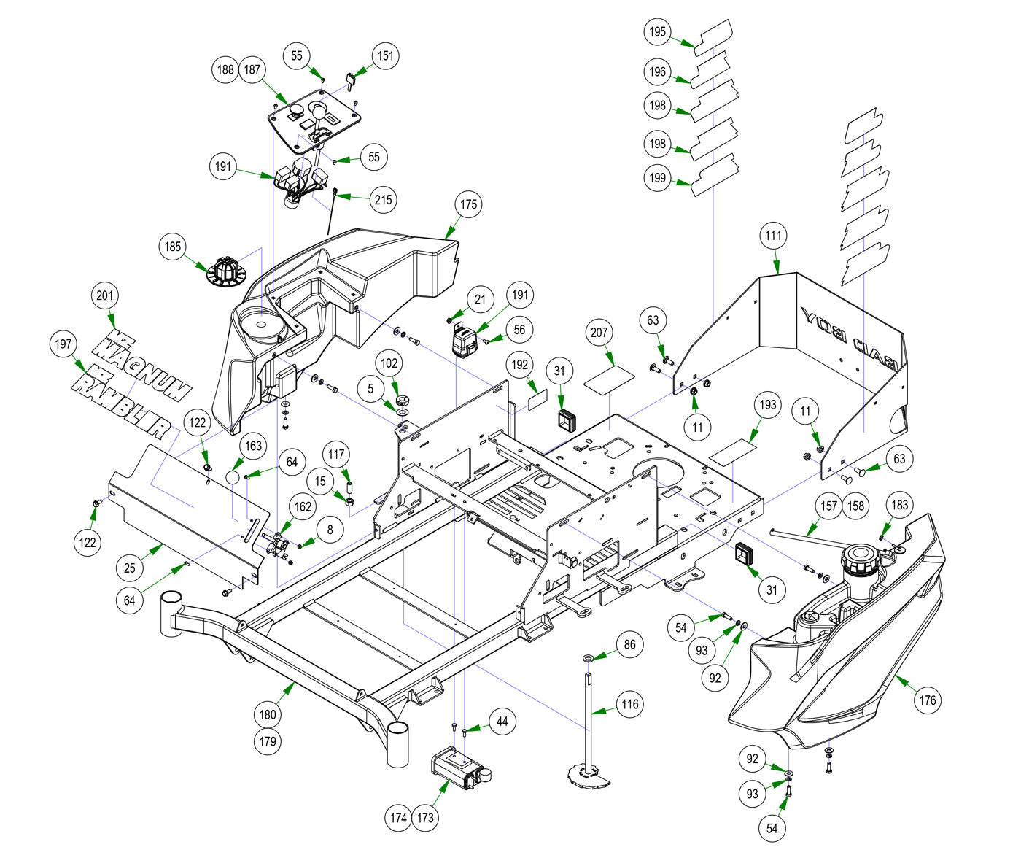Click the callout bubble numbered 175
point(469,204)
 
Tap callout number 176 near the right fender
point(927,701)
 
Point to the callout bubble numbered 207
point(599,332)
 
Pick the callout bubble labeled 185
point(172,247)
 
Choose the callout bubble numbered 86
point(629,645)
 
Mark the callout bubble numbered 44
point(502,722)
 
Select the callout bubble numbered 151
point(386,56)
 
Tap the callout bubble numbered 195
point(657,31)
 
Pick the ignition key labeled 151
point(351,77)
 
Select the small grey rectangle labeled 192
point(537,398)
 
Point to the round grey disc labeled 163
point(232,476)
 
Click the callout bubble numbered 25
point(131,566)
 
